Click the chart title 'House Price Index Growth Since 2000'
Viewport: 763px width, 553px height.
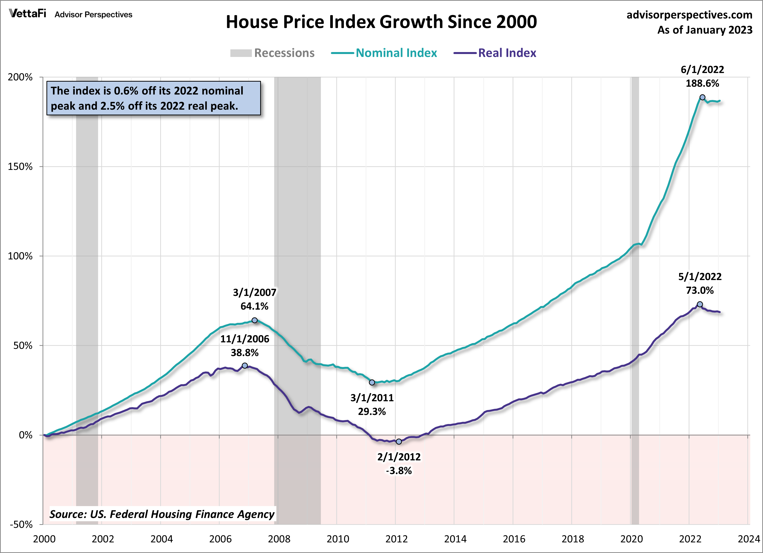(381, 22)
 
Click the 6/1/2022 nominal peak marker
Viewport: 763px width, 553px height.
(702, 97)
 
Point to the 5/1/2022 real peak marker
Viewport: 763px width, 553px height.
(700, 304)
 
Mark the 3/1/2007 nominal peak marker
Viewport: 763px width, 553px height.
(255, 320)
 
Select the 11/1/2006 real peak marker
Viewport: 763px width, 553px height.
(245, 365)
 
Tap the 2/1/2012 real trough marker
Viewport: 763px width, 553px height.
(399, 441)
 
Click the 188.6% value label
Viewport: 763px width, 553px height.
(702, 83)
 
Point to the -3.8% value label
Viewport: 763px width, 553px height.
(399, 471)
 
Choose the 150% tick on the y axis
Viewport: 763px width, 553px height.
(20, 167)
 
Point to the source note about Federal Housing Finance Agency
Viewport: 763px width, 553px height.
(162, 514)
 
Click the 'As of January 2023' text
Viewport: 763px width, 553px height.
(705, 30)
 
